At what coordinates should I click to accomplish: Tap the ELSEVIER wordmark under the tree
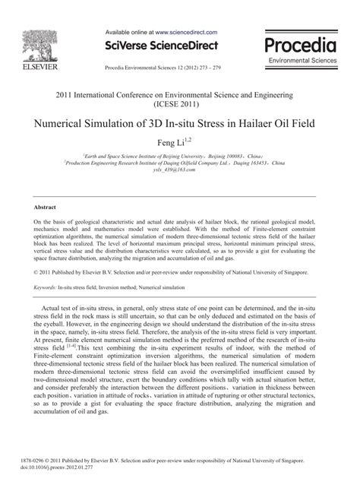(32, 70)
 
